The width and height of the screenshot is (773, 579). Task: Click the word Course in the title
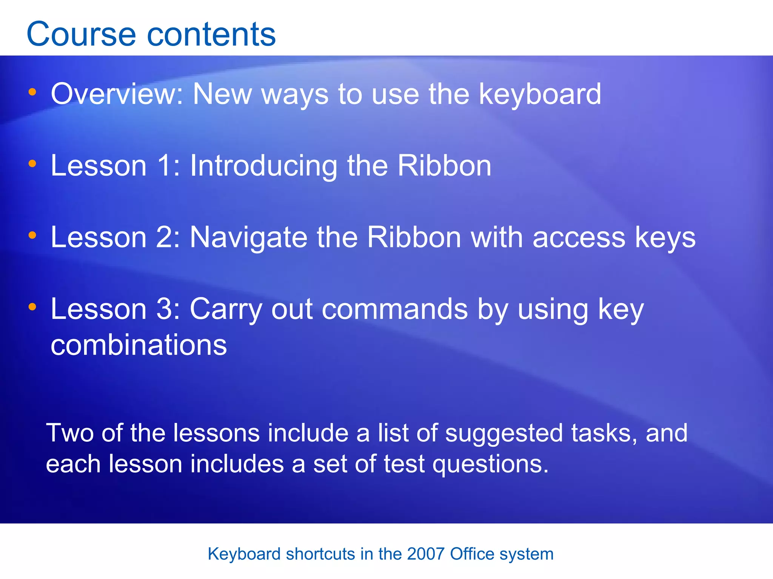coord(81,35)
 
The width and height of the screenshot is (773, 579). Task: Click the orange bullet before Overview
coord(32,92)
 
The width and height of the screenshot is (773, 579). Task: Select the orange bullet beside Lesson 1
coord(32,164)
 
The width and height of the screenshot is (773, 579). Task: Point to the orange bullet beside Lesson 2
coord(32,235)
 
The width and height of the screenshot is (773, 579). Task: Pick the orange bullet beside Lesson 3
coord(32,307)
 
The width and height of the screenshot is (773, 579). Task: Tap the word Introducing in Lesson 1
coord(263,166)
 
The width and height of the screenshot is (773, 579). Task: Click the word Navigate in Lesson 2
coord(248,237)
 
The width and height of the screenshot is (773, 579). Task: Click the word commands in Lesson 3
coord(395,309)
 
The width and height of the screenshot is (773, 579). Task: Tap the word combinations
coord(139,345)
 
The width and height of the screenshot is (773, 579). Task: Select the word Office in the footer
coord(472,554)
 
